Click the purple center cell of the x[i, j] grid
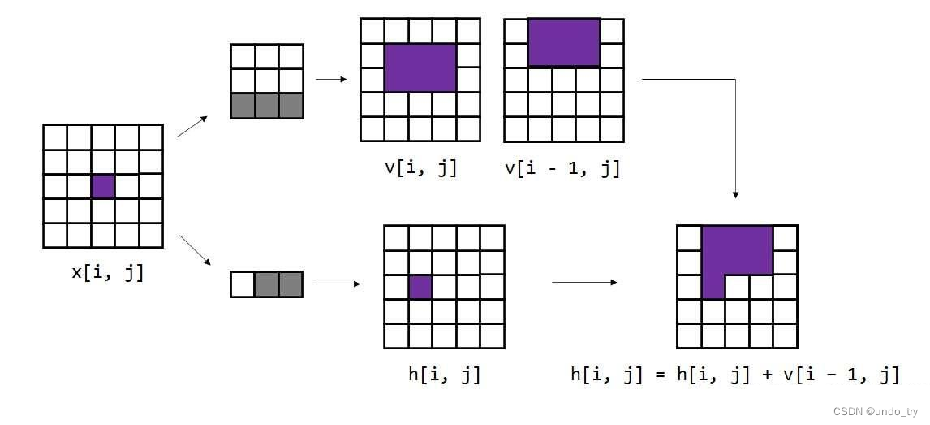point(103,186)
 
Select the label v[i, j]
point(420,167)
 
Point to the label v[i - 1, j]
point(562,167)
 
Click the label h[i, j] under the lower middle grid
point(444,375)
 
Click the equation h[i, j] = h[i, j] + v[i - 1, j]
point(734,375)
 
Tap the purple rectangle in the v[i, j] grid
point(420,68)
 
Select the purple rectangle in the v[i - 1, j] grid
point(563,42)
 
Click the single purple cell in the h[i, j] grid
point(420,287)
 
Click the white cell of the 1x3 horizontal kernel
point(243,284)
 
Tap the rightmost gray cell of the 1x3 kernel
point(291,284)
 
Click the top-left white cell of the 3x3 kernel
point(243,57)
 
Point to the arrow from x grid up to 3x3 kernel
point(192,126)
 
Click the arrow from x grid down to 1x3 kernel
point(195,250)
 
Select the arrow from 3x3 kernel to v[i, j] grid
point(331,79)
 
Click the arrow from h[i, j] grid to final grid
point(583,283)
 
